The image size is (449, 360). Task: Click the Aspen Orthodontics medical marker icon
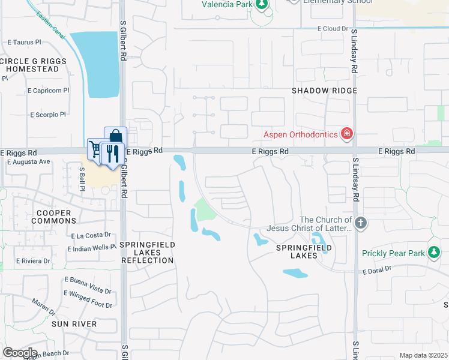coord(346,133)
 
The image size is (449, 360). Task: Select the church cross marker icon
coord(360,224)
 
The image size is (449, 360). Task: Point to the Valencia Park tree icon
coord(261,4)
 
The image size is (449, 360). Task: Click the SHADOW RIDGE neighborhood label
coord(324,91)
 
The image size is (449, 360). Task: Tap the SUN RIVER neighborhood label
coord(74,324)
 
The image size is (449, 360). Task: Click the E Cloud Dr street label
coord(333,29)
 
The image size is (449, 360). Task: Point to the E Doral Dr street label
coord(376,271)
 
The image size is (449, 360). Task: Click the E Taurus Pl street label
coord(25,43)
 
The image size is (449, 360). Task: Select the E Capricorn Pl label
coord(48,91)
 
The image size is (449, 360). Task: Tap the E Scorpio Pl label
coord(47,115)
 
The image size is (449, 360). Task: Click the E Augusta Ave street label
coord(29,162)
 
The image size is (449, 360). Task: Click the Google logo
coord(20,353)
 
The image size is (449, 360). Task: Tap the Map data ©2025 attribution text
coord(423,355)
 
